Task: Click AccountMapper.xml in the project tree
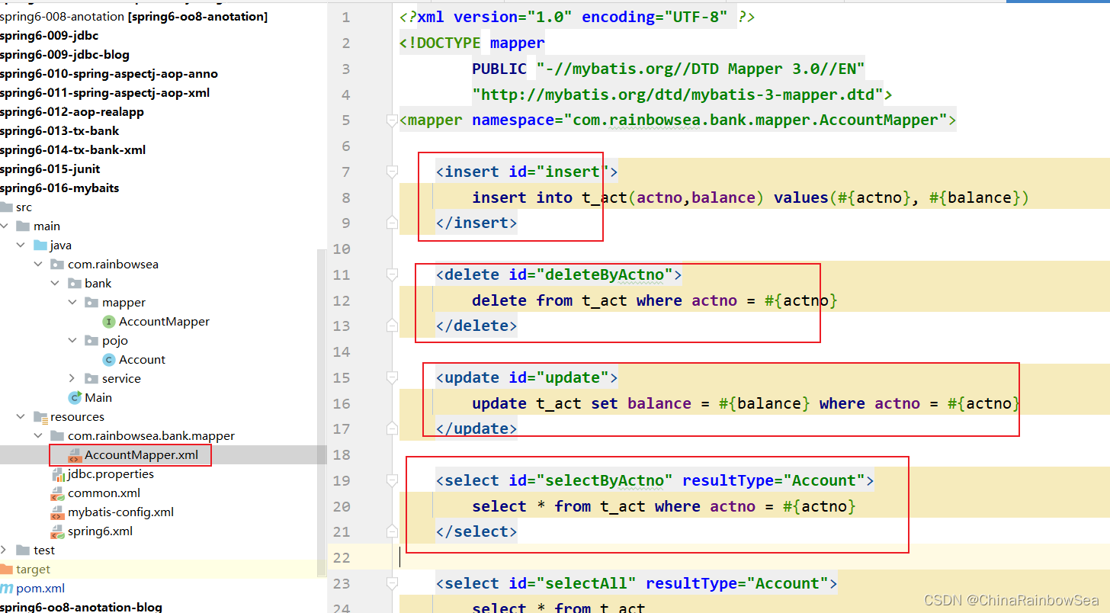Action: [x=141, y=455]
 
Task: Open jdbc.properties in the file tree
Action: [x=111, y=474]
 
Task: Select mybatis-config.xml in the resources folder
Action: [x=120, y=512]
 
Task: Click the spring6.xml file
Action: [x=100, y=531]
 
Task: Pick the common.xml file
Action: [x=104, y=493]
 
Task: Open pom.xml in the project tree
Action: [x=40, y=589]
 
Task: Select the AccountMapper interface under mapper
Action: [x=164, y=322]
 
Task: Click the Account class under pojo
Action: [x=142, y=360]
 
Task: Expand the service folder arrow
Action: [x=72, y=379]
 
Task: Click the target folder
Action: [x=34, y=570]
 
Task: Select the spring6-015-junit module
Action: [x=50, y=169]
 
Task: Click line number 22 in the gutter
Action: [x=342, y=558]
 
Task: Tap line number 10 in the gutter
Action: [x=342, y=249]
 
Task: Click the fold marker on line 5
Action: [x=392, y=120]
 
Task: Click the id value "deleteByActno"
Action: [x=605, y=274]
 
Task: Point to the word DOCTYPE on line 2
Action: [x=448, y=43]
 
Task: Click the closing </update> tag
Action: [x=476, y=428]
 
